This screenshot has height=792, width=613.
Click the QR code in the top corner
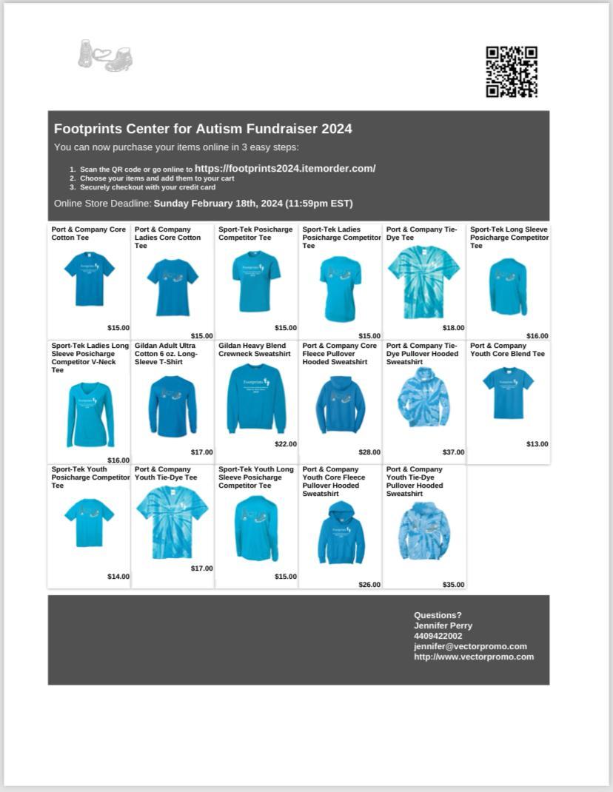coord(512,72)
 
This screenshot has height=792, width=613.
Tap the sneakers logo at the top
coord(106,56)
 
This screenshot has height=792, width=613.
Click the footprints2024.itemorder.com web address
coord(285,169)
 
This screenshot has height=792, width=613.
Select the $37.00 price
coord(454,452)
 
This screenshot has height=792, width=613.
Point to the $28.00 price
coord(369,452)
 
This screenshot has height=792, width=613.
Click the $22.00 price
coord(286,444)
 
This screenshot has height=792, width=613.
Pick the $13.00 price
coord(537,444)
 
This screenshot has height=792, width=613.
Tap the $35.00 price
coord(454,585)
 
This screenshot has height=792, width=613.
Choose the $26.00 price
coord(369,585)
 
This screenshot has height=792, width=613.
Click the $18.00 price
coord(454,328)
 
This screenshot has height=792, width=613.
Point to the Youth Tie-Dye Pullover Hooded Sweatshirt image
coord(424,531)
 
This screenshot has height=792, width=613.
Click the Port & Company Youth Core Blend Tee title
coord(507,349)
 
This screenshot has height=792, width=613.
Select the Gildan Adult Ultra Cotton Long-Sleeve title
coord(167,354)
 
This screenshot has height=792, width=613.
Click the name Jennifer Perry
coord(443,625)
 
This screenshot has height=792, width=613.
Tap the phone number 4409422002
coord(438,636)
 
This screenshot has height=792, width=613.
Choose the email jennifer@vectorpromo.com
coord(470,646)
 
